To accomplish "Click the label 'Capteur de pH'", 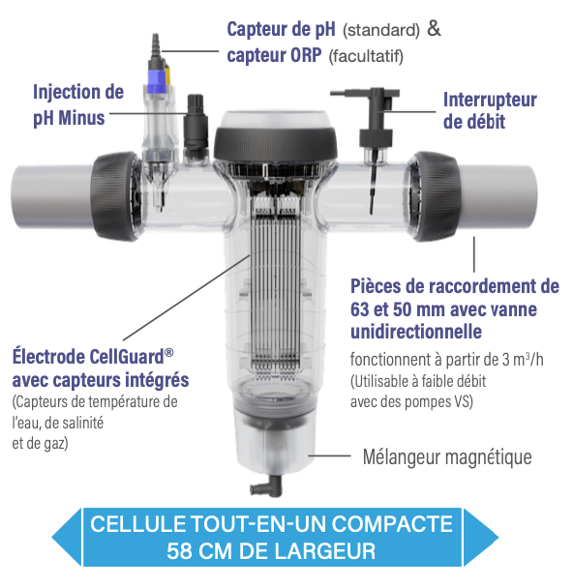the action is pyautogui.click(x=281, y=29).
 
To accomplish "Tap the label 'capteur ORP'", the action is pyautogui.click(x=274, y=55).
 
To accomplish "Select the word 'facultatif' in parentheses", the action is pyautogui.click(x=366, y=56).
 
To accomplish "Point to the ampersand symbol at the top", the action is pyautogui.click(x=434, y=29).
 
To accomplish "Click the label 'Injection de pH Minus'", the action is pyautogui.click(x=78, y=105).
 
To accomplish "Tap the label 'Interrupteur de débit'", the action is pyautogui.click(x=490, y=111).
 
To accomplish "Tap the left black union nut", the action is pyautogui.click(x=115, y=195).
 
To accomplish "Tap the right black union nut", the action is pyautogui.click(x=436, y=195).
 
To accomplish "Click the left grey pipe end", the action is pyautogui.click(x=51, y=195).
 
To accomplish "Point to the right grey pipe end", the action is pyautogui.click(x=497, y=195).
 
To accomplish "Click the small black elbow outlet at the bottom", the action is pyautogui.click(x=266, y=485).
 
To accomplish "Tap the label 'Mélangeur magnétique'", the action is pyautogui.click(x=447, y=457).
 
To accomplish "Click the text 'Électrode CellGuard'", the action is pyautogui.click(x=93, y=357).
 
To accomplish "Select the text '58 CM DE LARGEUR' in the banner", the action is pyautogui.click(x=271, y=551).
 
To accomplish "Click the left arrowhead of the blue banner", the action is pyautogui.click(x=67, y=537).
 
